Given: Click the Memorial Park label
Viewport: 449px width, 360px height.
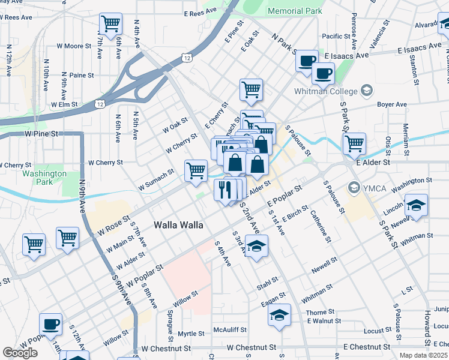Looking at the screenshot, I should tap(295, 11).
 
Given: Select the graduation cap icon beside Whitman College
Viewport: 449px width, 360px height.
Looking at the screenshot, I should tap(367, 91).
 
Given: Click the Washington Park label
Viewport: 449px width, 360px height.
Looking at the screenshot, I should tap(44, 177).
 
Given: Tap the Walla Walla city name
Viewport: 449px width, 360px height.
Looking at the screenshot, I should tap(178, 225).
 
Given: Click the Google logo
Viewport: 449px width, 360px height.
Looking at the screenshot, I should tap(20, 353).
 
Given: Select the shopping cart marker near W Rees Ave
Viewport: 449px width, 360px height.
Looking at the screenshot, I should tap(110, 25).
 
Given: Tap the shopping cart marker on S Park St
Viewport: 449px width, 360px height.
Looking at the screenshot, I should tap(354, 144).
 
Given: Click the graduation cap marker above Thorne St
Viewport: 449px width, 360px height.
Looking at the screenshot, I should tap(279, 315).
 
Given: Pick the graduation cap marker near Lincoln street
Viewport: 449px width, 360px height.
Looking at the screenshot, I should tap(416, 206).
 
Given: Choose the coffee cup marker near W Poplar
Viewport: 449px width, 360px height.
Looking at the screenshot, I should tap(51, 325).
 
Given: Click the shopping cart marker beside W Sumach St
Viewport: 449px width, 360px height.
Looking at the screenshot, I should tap(196, 171).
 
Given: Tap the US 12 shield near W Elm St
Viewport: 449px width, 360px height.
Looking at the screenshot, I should tap(100, 104).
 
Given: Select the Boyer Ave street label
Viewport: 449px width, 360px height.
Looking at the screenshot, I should tap(393, 104).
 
